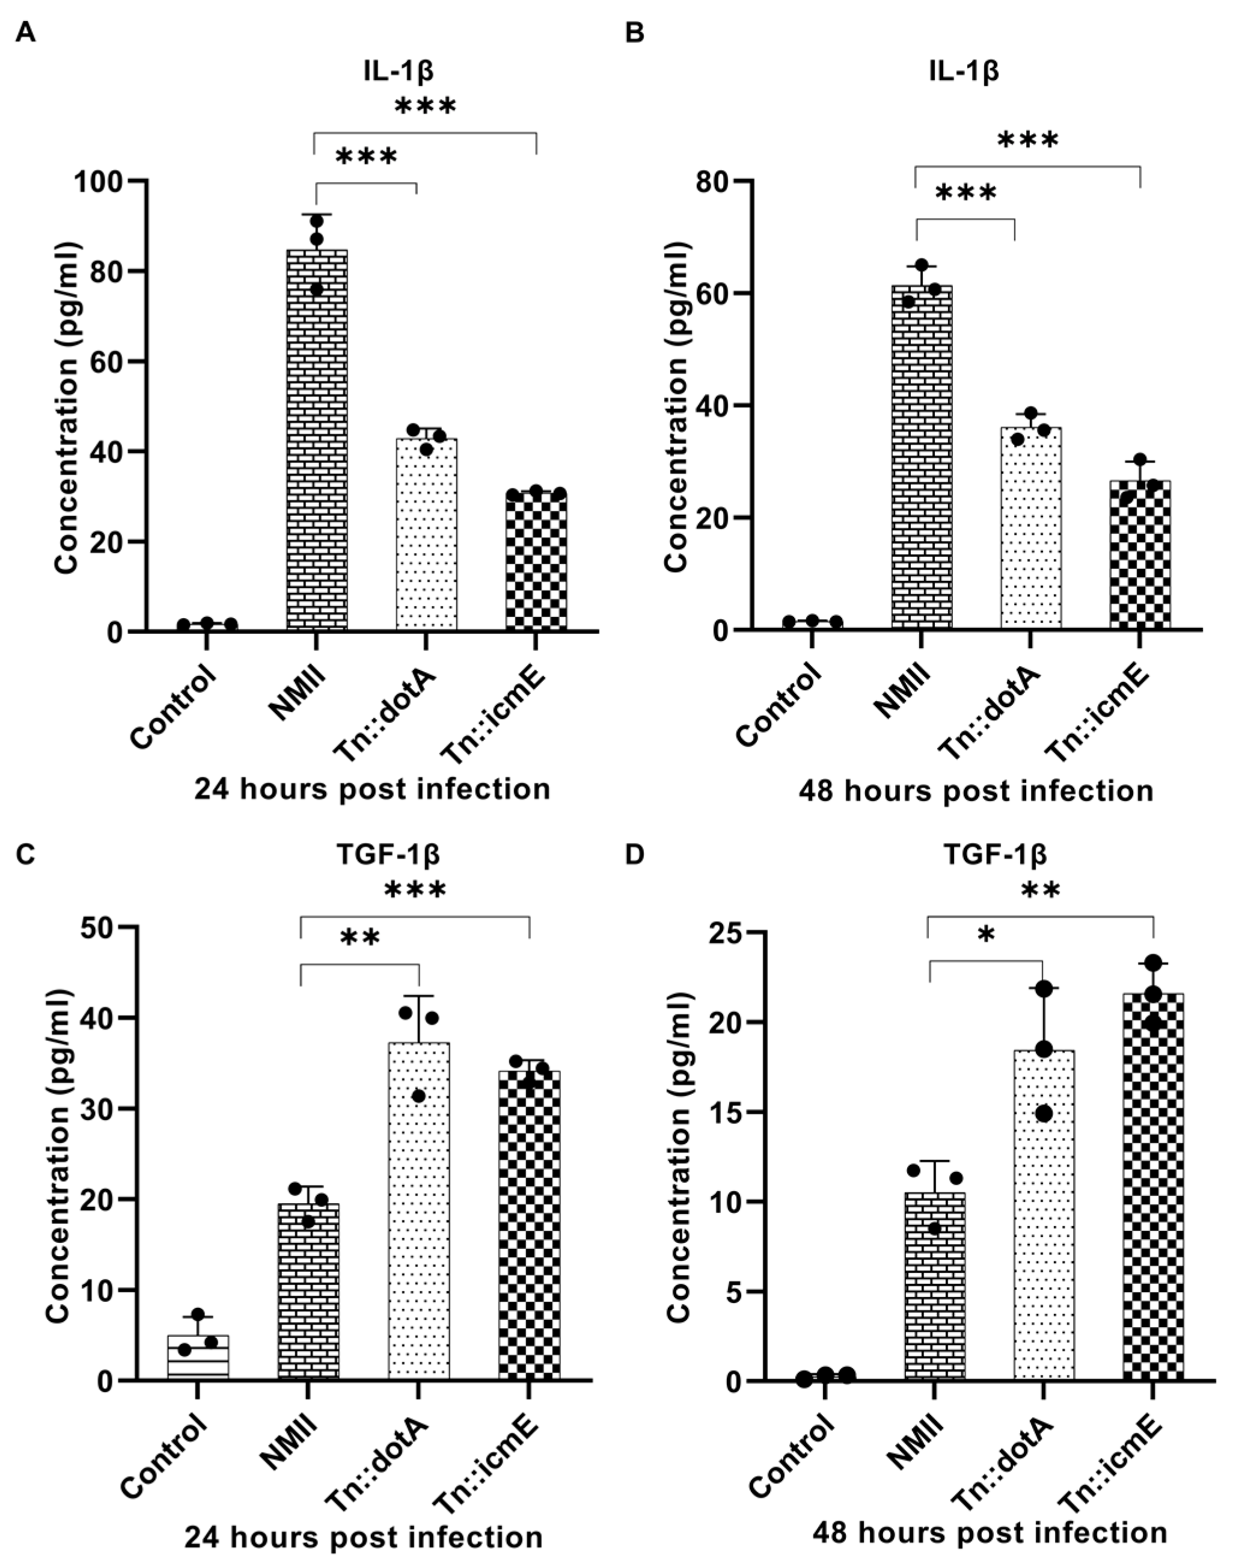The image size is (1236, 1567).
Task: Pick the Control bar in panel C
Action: [x=198, y=1358]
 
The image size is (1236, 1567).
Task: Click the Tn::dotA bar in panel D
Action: [x=1043, y=1215]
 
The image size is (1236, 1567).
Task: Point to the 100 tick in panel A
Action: [x=108, y=181]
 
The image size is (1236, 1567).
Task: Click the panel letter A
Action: [x=25, y=32]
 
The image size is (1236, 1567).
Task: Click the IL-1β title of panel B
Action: [x=965, y=71]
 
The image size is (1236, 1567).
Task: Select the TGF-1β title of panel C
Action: [x=388, y=855]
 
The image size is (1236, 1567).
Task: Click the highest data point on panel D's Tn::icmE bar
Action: [x=1154, y=963]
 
